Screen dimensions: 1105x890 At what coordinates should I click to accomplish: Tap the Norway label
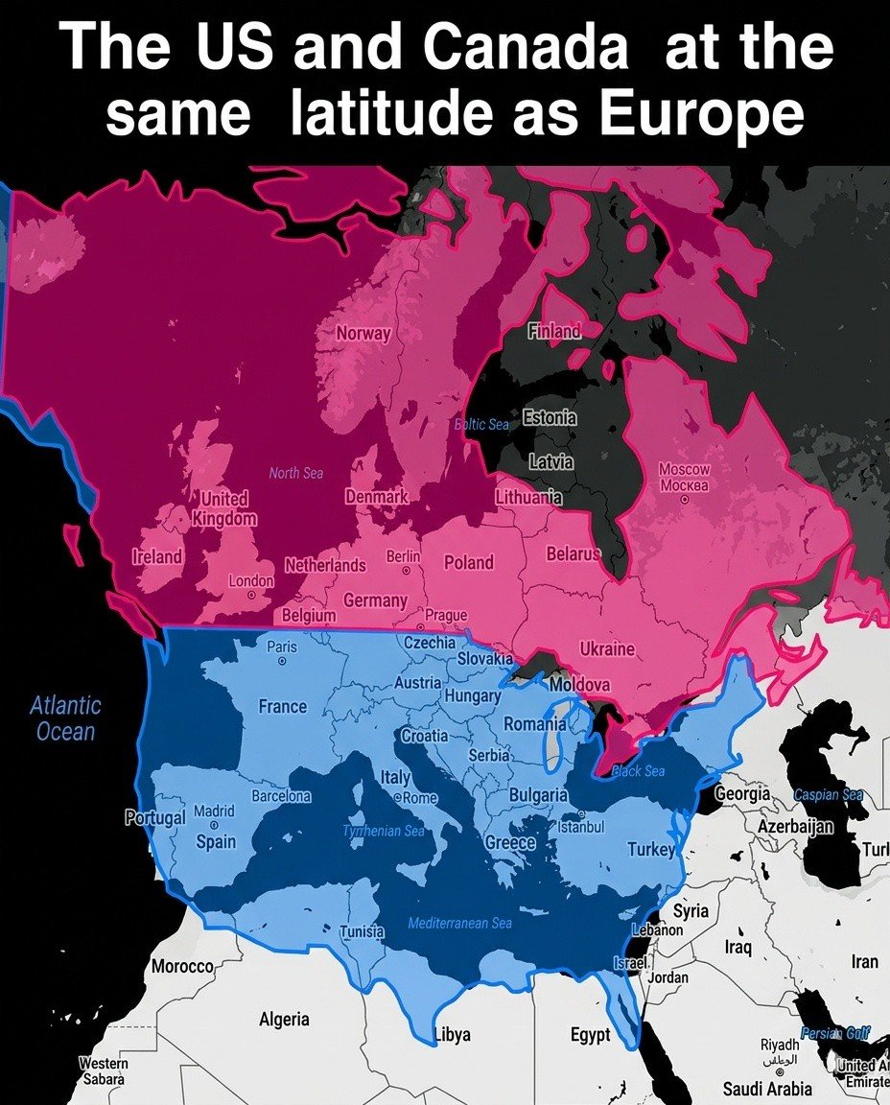pyautogui.click(x=363, y=334)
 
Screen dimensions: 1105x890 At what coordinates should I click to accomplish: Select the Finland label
pyautogui.click(x=554, y=331)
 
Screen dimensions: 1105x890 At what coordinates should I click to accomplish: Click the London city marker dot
pyautogui.click(x=251, y=595)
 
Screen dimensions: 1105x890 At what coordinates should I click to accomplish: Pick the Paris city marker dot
pyautogui.click(x=282, y=661)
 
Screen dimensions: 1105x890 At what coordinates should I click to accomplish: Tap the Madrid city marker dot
pyautogui.click(x=215, y=825)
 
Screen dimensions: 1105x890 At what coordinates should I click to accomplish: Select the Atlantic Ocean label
pyautogui.click(x=64, y=718)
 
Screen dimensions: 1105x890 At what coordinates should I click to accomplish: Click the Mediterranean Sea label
pyautogui.click(x=459, y=924)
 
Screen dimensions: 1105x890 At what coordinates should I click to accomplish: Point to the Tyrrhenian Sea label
pyautogui.click(x=384, y=831)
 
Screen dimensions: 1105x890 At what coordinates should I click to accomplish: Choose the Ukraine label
pyautogui.click(x=607, y=649)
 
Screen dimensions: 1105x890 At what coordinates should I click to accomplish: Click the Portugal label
pyautogui.click(x=154, y=818)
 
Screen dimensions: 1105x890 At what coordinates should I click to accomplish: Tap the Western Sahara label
pyautogui.click(x=104, y=1071)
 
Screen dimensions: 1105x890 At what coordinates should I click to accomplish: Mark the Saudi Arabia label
pyautogui.click(x=767, y=1089)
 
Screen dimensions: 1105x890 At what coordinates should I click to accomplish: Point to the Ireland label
pyautogui.click(x=157, y=556)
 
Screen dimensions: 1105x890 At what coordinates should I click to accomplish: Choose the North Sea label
pyautogui.click(x=296, y=473)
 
